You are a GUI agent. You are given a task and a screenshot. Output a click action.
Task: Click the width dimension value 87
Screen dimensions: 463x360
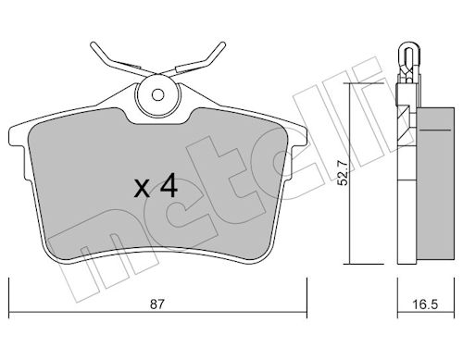[x=156, y=304]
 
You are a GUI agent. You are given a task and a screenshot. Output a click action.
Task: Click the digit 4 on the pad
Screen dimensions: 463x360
[x=169, y=185]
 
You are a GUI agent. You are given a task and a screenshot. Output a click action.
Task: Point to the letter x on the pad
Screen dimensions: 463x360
[x=142, y=189]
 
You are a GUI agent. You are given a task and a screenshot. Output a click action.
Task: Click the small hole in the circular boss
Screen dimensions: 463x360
[x=157, y=95]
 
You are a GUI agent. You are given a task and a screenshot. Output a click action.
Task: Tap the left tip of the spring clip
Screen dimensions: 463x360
[x=93, y=44]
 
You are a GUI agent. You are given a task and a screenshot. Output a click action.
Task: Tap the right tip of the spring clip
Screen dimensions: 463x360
[x=223, y=44]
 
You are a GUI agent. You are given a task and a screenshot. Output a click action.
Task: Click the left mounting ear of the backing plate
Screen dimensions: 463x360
[x=17, y=137]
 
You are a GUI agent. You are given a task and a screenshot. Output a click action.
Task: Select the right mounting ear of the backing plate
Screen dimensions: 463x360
[x=298, y=137]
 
